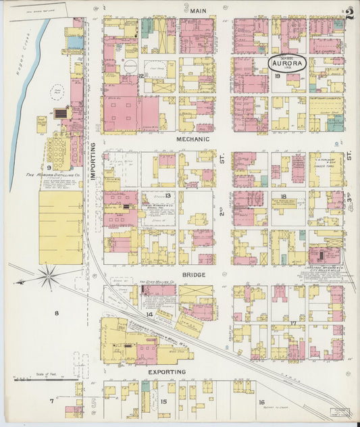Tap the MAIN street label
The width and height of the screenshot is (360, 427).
tap(198, 11)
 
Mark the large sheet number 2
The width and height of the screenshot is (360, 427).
tap(349, 14)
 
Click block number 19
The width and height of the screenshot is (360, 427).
tap(278, 77)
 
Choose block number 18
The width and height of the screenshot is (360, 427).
tap(283, 197)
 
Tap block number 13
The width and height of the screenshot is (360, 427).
tap(168, 195)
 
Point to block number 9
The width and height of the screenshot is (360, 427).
tap(49, 166)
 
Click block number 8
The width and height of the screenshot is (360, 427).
tap(57, 313)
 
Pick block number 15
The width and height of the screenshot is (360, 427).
tap(164, 402)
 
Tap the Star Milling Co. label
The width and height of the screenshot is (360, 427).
tap(157, 282)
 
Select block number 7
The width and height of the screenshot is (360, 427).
tap(51, 402)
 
